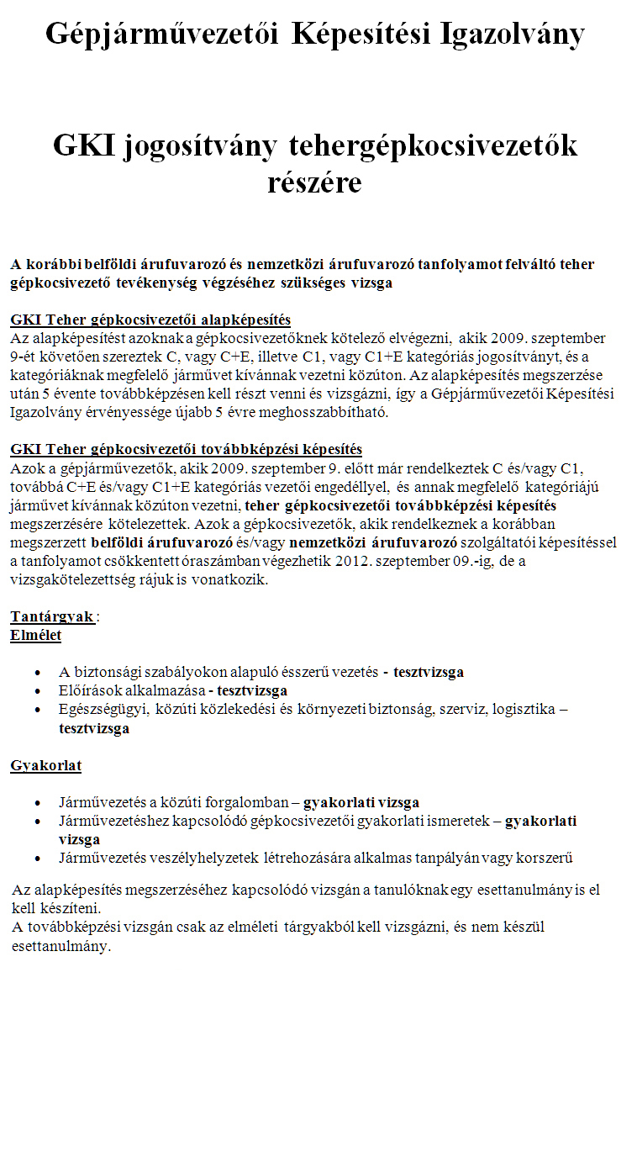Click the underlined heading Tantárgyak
[52, 616]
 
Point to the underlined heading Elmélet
[35, 635]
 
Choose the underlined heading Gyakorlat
[45, 765]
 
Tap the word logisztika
[521, 709]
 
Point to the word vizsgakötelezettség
[75, 579]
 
